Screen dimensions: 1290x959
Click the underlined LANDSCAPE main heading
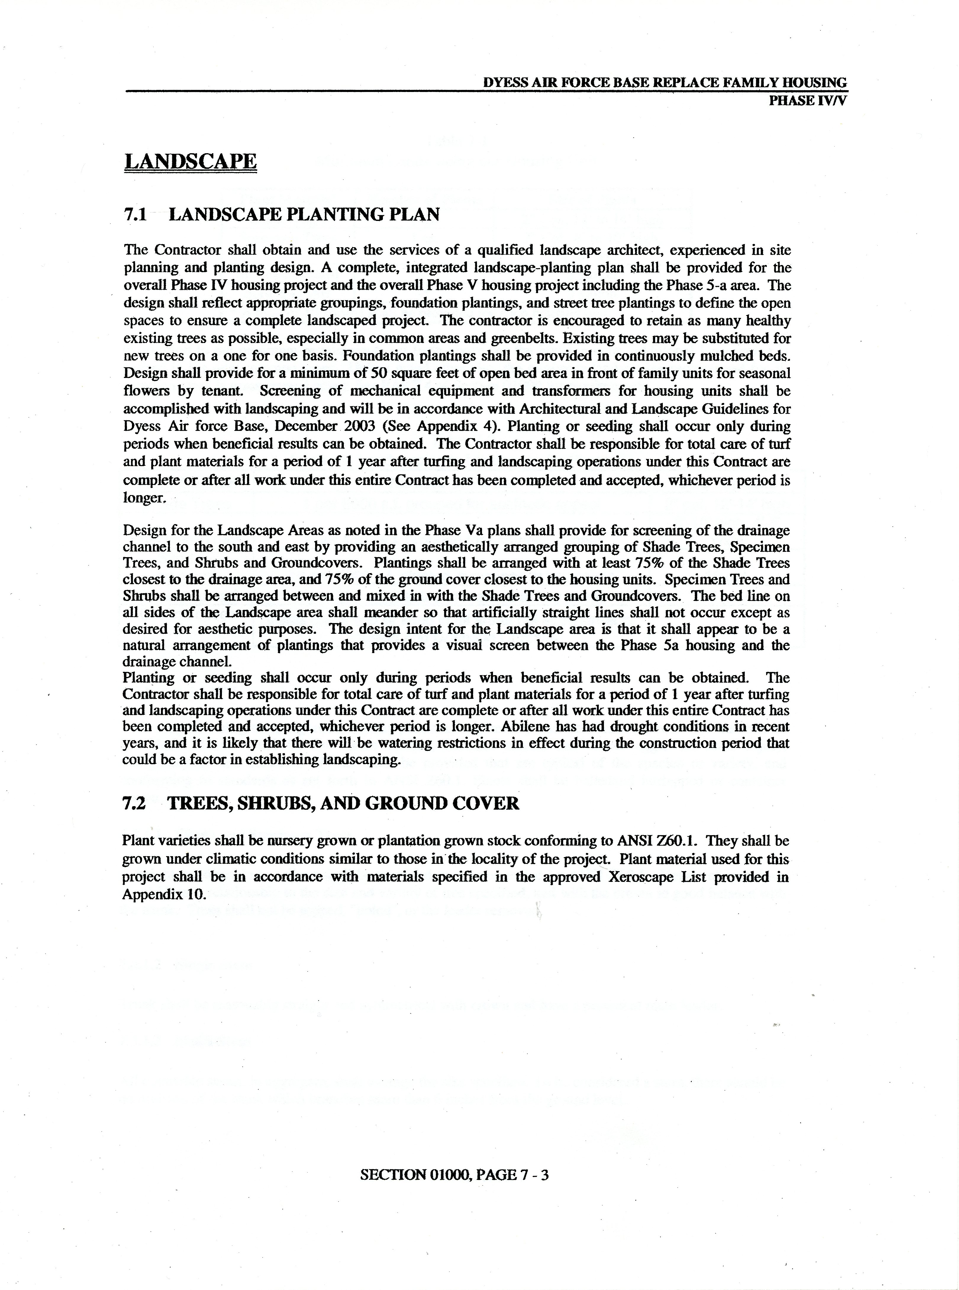(x=190, y=161)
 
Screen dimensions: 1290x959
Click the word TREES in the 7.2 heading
(x=199, y=803)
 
